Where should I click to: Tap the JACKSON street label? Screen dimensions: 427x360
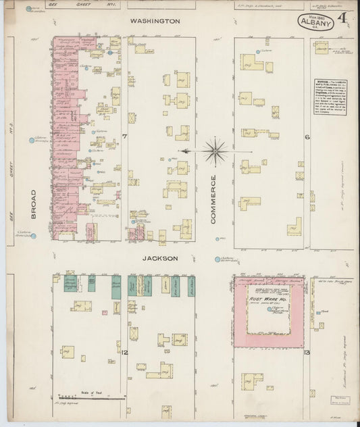coord(160,258)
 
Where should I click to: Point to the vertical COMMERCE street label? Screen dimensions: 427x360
coord(213,198)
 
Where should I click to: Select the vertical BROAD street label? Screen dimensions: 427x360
coord(33,203)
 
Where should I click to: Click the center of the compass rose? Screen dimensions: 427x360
coord(215,150)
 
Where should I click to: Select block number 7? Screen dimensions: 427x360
coord(125,137)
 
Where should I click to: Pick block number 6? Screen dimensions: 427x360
coord(306,137)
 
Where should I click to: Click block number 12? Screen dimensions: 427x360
coord(125,352)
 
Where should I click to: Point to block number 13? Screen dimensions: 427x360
coord(306,353)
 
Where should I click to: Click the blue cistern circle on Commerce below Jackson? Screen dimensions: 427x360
coord(217,259)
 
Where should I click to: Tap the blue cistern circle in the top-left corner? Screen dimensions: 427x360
coord(28,9)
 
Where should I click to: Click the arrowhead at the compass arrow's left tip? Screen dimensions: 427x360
coord(180,151)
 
